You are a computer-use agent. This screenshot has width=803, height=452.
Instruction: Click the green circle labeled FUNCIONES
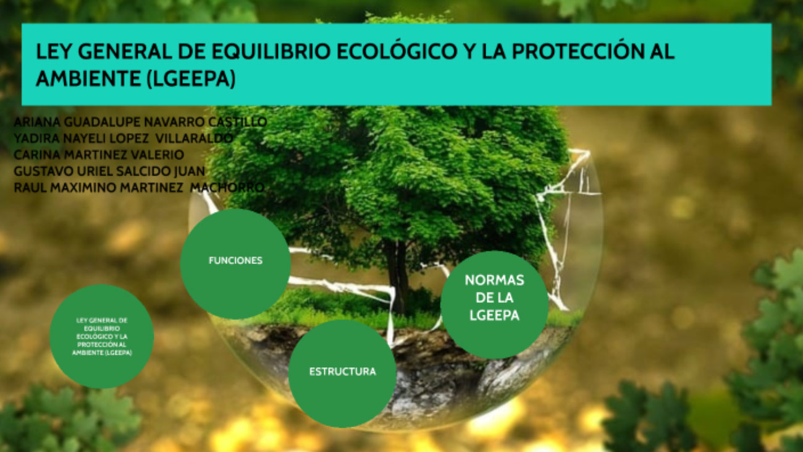pos(235,263)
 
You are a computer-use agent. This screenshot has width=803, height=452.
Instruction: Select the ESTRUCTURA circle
pos(342,373)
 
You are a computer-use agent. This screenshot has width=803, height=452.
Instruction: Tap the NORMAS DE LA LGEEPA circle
pos(494,304)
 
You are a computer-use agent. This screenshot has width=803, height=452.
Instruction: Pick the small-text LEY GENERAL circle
pos(102,336)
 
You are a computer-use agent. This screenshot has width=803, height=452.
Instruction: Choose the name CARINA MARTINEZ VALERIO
pos(99,155)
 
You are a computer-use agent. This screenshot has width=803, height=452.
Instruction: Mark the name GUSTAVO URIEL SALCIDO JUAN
pos(109,171)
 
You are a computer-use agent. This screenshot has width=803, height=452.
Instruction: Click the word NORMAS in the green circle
pos(494,280)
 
